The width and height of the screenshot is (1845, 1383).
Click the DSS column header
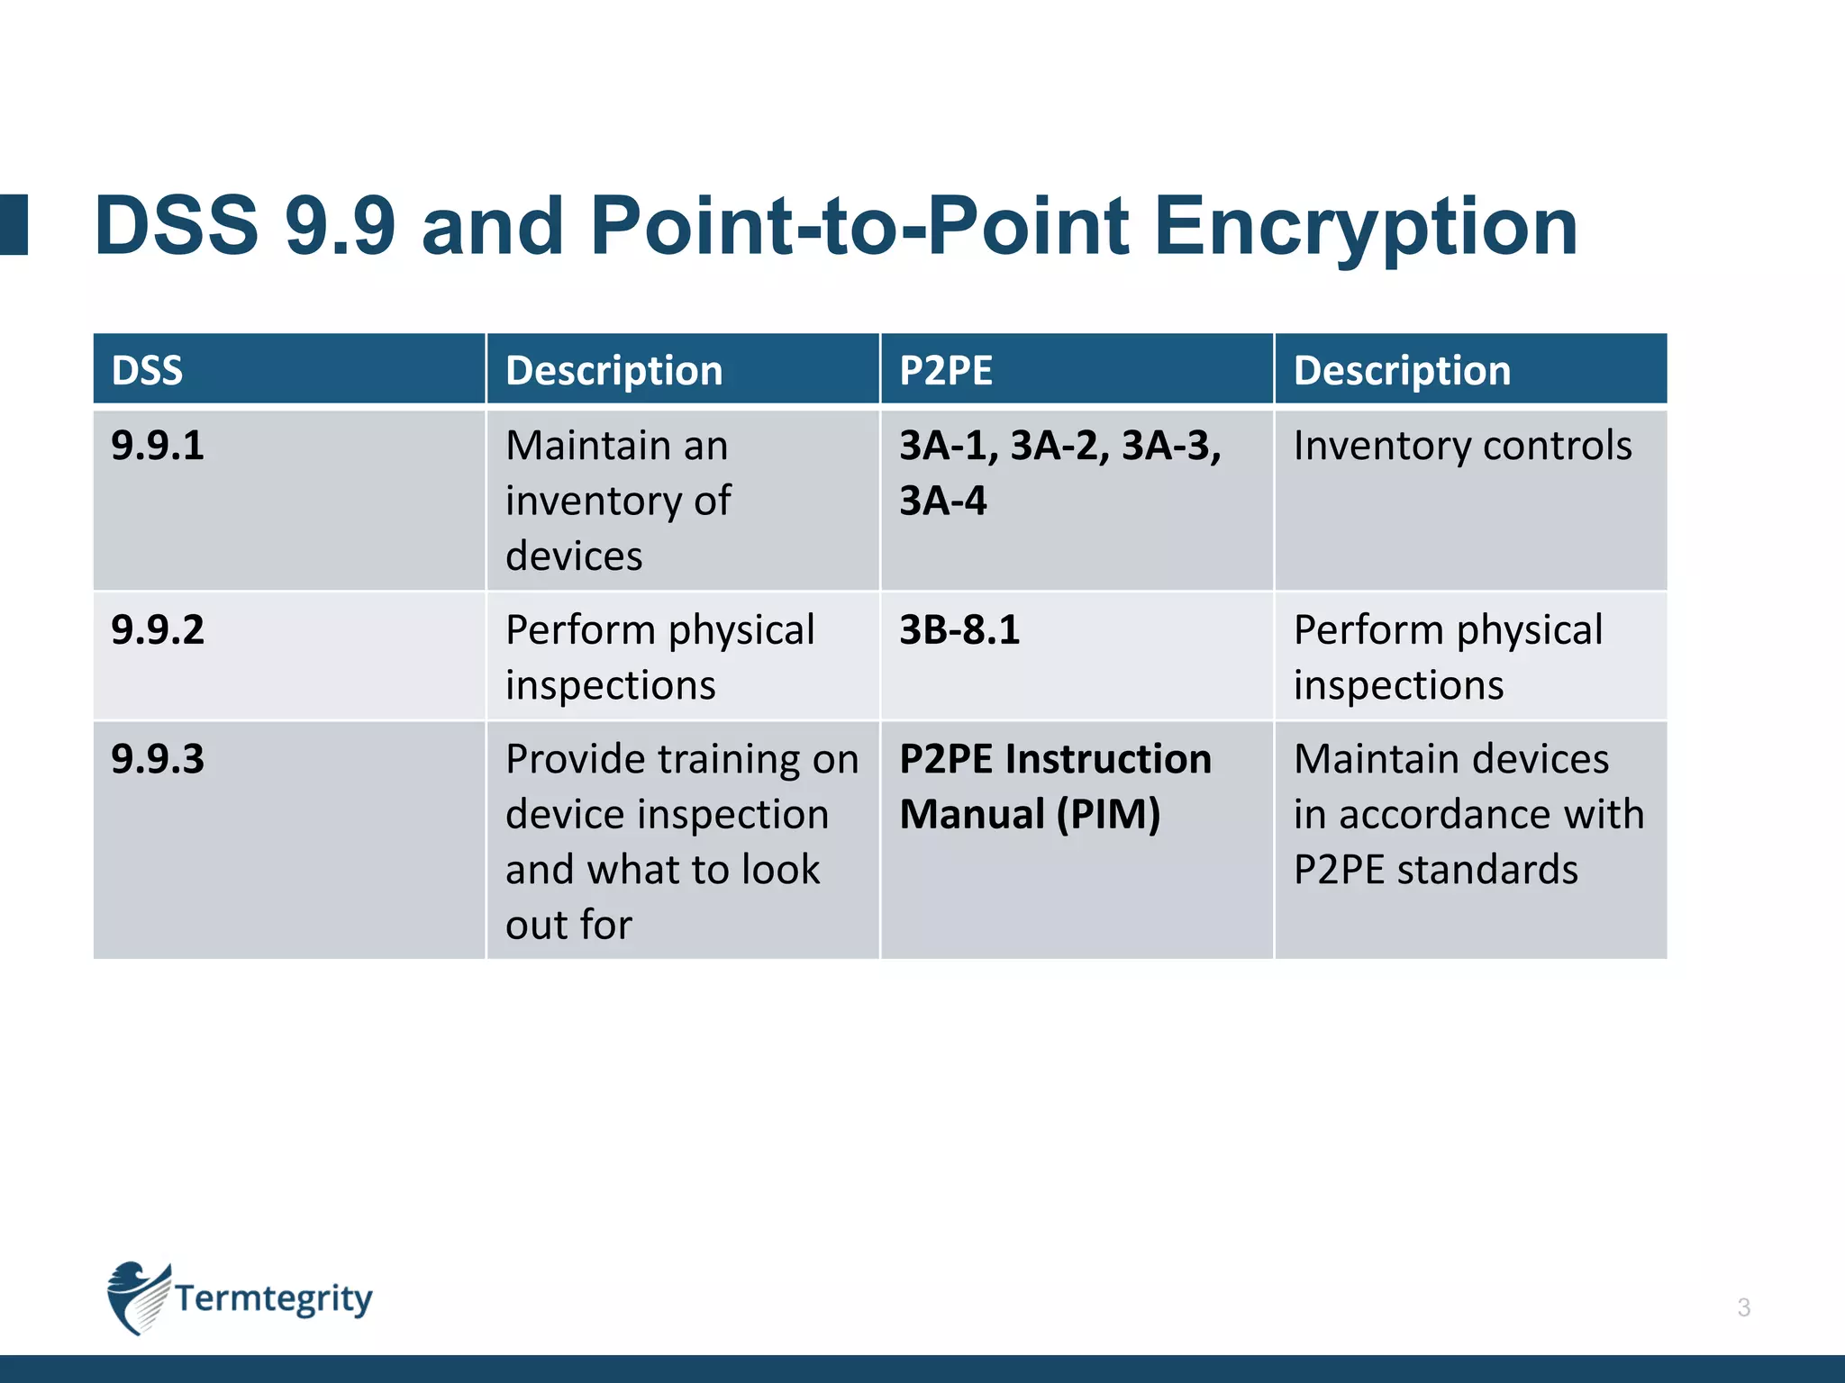147,370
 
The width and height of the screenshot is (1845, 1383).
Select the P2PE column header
946,370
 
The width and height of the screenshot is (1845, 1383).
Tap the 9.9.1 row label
158,446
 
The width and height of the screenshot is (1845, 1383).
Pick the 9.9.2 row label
158,629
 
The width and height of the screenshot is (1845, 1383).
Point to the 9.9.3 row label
158,759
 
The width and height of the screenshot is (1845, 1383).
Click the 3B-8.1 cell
959,629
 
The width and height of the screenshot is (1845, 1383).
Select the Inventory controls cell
1462,446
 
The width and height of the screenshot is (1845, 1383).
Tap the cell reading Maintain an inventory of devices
618,501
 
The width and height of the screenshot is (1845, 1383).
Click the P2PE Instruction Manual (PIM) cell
1054,786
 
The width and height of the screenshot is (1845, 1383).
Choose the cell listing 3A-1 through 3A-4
1059,473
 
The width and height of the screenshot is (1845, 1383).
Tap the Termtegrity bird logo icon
137,1297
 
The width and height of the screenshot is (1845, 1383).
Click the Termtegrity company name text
273,1298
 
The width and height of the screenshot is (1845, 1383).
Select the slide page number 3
1743,1307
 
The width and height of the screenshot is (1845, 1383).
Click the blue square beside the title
14,224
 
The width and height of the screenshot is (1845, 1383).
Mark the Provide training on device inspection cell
681,841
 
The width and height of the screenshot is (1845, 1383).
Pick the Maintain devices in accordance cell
1468,814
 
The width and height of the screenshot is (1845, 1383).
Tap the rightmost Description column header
1402,370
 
